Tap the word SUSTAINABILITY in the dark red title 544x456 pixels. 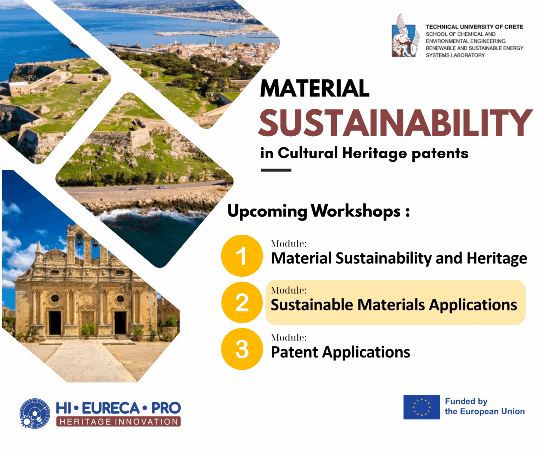pyautogui.click(x=395, y=122)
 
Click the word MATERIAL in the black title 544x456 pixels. pyautogui.click(x=314, y=88)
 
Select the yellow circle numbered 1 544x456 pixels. pyautogui.click(x=242, y=256)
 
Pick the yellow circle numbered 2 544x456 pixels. pyautogui.click(x=242, y=302)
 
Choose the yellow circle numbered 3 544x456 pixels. pyautogui.click(x=242, y=349)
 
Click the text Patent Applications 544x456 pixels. pyautogui.click(x=340, y=352)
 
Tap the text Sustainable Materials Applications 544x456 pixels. pyautogui.click(x=394, y=305)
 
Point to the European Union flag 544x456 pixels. pyautogui.click(x=421, y=407)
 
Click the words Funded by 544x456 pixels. pyautogui.click(x=466, y=401)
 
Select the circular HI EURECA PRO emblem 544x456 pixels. pyautogui.click(x=35, y=413)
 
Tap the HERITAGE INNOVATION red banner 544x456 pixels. pyautogui.click(x=119, y=422)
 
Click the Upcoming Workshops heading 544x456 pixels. pyautogui.click(x=319, y=211)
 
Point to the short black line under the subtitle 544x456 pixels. pyautogui.click(x=276, y=170)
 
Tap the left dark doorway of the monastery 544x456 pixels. pyautogui.click(x=55, y=323)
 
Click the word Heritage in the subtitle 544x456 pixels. pyautogui.click(x=374, y=153)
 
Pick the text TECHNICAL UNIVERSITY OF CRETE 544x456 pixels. pyautogui.click(x=475, y=27)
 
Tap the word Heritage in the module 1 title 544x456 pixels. pyautogui.click(x=497, y=258)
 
